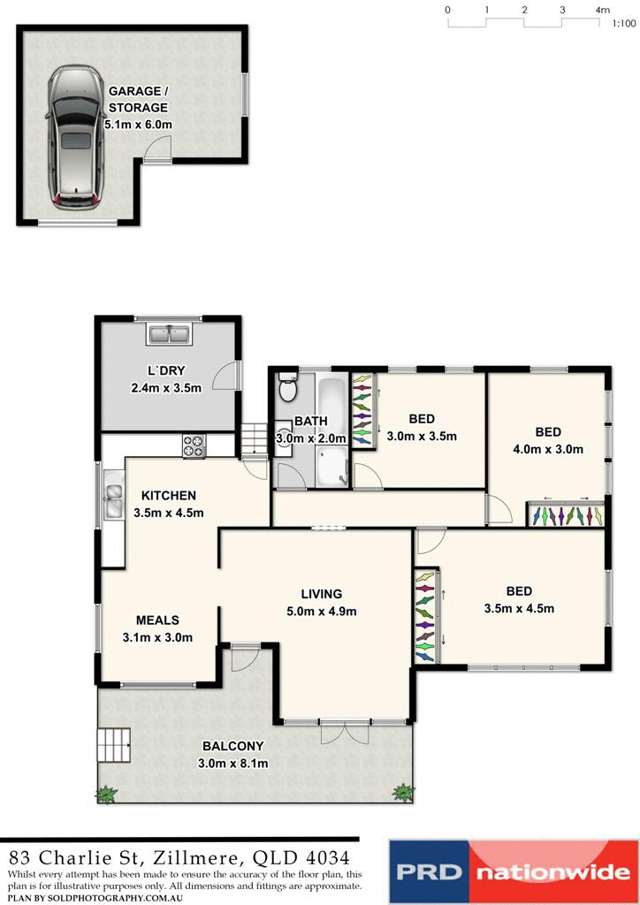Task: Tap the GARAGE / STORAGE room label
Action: [138, 99]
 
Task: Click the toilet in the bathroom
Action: [287, 388]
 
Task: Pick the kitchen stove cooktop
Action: [194, 446]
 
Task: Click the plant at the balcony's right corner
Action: [404, 792]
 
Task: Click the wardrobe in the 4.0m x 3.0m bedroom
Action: [566, 515]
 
